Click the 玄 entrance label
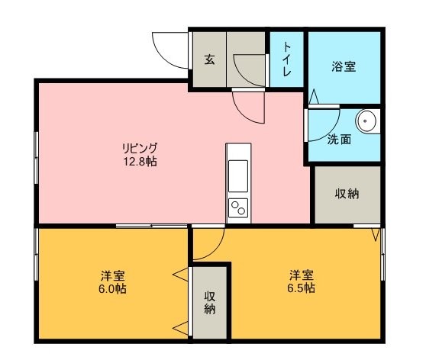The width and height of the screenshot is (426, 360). click(209, 59)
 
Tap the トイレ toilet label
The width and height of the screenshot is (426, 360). click(287, 59)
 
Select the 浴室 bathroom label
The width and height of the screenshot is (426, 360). click(344, 66)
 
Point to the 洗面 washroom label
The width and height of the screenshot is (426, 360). click(339, 140)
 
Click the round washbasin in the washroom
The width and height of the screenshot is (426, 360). click(366, 121)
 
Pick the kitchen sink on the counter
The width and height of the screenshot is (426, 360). click(238, 176)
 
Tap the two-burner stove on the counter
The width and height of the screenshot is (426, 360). click(238, 208)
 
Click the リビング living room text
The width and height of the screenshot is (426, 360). click(140, 148)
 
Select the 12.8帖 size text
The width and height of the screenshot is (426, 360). click(140, 162)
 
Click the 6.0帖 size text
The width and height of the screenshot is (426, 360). click(112, 289)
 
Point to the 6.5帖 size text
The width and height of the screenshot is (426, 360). click(302, 288)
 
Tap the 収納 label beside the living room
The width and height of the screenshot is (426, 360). click(347, 194)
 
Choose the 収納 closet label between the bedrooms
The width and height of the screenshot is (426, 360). click(210, 302)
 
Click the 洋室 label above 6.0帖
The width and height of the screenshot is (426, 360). click(113, 276)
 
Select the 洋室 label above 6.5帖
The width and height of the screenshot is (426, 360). click(302, 275)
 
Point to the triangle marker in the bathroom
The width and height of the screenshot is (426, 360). click(314, 96)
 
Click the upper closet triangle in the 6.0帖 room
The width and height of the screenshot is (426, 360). click(180, 275)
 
